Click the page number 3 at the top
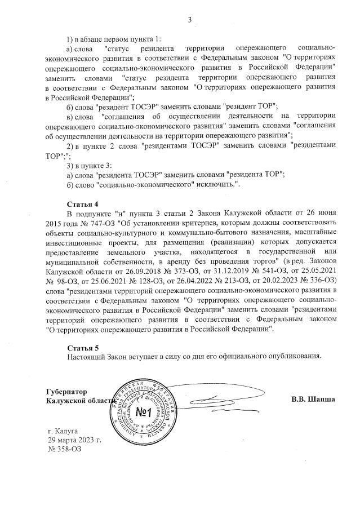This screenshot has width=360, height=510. pyautogui.click(x=190, y=20)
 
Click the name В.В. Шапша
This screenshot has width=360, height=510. pyautogui.click(x=313, y=400)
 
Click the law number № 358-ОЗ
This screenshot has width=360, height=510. pyautogui.click(x=65, y=449)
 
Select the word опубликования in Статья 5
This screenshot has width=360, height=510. pyautogui.click(x=295, y=356)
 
